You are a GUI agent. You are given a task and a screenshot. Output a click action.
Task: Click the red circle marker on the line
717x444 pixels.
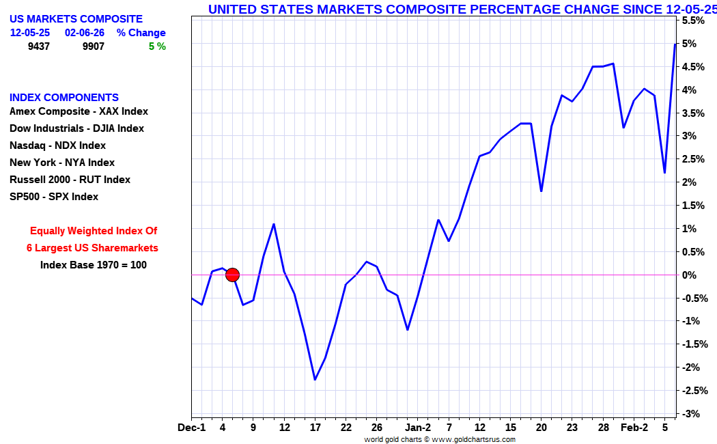click(232, 275)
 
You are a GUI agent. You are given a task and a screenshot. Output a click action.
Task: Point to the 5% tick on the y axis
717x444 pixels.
click(688, 44)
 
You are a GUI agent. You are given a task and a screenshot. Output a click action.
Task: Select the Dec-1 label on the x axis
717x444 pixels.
click(191, 428)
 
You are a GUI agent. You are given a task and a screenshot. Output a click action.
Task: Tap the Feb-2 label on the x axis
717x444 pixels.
click(634, 428)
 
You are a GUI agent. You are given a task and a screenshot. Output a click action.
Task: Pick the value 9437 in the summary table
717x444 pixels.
click(39, 46)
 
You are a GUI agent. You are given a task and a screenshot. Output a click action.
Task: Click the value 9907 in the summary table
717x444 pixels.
click(94, 46)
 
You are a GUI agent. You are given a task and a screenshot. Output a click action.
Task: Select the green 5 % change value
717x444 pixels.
click(157, 46)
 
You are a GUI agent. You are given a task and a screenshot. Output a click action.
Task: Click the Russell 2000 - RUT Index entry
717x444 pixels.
click(70, 180)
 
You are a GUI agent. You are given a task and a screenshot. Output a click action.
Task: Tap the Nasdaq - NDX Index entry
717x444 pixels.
click(57, 145)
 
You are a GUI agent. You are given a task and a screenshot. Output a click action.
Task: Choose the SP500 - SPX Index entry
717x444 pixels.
click(54, 197)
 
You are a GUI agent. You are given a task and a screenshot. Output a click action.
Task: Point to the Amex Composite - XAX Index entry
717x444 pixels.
click(79, 111)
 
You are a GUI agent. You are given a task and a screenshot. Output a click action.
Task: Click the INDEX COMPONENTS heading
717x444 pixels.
click(64, 98)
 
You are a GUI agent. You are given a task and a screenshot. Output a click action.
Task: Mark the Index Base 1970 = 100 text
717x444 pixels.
click(93, 265)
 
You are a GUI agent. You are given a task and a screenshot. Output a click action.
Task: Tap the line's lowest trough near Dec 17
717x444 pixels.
click(315, 379)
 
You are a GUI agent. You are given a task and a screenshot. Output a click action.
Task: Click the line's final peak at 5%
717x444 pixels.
click(675, 44)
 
